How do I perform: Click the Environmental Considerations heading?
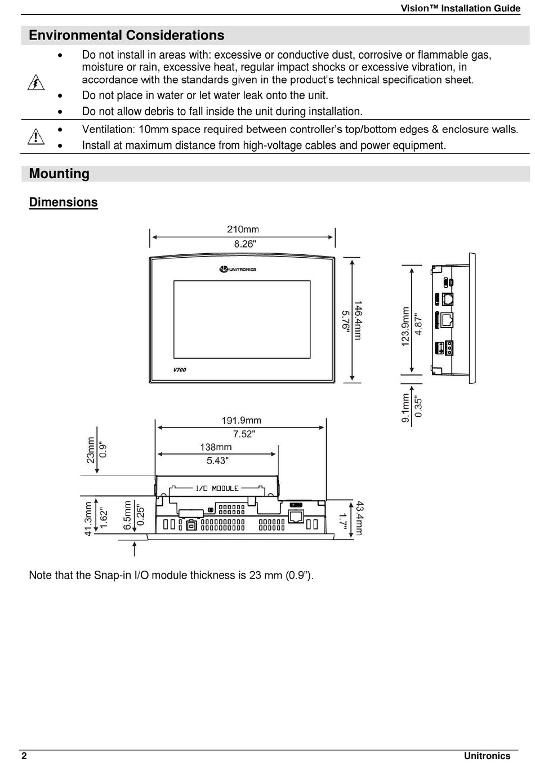pos(126,36)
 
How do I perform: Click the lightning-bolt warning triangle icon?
pos(36,83)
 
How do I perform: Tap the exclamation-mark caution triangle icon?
pos(35,136)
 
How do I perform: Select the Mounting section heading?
pos(59,174)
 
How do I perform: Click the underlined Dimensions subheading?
pos(63,202)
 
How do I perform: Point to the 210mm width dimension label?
pos(243,230)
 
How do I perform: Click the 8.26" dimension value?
pos(244,244)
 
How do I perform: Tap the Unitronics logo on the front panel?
pos(238,270)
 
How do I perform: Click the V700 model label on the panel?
pos(180,370)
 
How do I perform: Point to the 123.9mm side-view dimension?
pos(405,327)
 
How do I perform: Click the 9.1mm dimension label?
pos(405,408)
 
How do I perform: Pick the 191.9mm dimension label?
pos(241,421)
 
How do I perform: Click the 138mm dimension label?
pos(216,447)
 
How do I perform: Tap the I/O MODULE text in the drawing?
pos(217,488)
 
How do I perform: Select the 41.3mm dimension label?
pos(88,519)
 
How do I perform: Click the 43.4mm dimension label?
pos(359,518)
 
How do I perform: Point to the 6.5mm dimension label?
pos(128,515)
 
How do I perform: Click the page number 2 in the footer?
pos(24,756)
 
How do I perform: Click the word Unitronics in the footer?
pos(487,756)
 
